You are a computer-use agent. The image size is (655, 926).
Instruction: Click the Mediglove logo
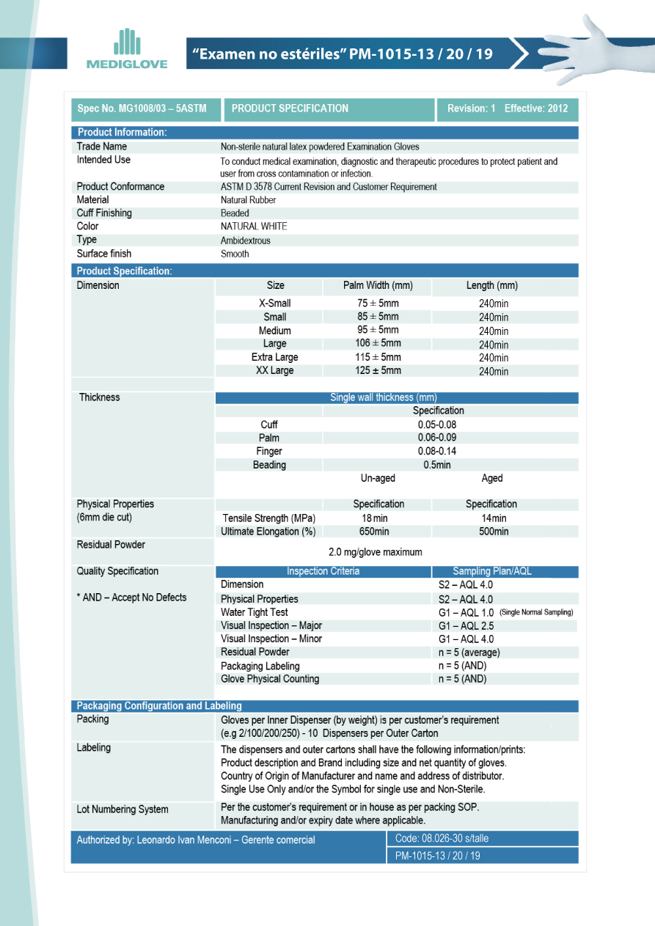tap(127, 49)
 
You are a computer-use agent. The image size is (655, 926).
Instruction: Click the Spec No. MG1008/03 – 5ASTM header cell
tap(142, 109)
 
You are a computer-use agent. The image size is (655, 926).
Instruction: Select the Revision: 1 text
tap(471, 109)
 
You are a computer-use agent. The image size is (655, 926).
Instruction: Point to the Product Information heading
tap(122, 133)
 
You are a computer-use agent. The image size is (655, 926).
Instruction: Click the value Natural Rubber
tap(248, 199)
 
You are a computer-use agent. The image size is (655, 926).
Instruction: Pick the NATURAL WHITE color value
tap(254, 227)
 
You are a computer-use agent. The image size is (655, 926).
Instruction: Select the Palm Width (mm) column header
tap(378, 285)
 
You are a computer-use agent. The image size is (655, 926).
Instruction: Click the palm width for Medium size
tap(378, 330)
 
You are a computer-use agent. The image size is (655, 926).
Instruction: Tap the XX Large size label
tap(274, 371)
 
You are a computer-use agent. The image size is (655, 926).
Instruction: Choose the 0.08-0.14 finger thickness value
tap(438, 452)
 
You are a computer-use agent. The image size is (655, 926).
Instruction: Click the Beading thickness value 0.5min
tap(437, 465)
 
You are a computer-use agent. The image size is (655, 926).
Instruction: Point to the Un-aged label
tap(378, 478)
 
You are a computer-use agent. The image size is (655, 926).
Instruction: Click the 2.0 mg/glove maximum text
tap(375, 552)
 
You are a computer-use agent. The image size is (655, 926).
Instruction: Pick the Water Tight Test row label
tap(254, 612)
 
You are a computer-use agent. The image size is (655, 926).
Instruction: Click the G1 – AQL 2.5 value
tap(466, 625)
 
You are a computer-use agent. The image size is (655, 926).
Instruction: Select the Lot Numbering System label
tap(122, 809)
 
